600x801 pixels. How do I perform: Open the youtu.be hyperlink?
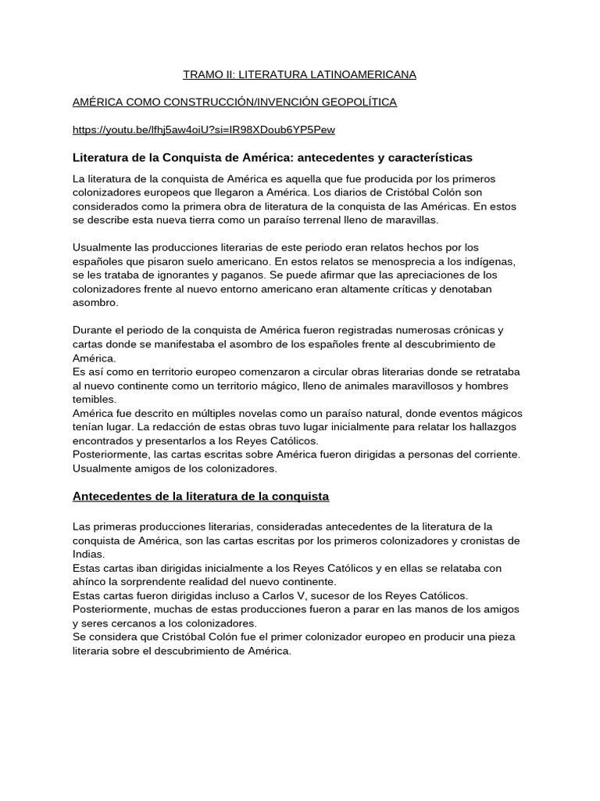pyautogui.click(x=203, y=130)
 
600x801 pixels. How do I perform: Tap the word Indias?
pyautogui.click(x=87, y=554)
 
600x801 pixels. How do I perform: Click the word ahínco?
pyautogui.click(x=89, y=582)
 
